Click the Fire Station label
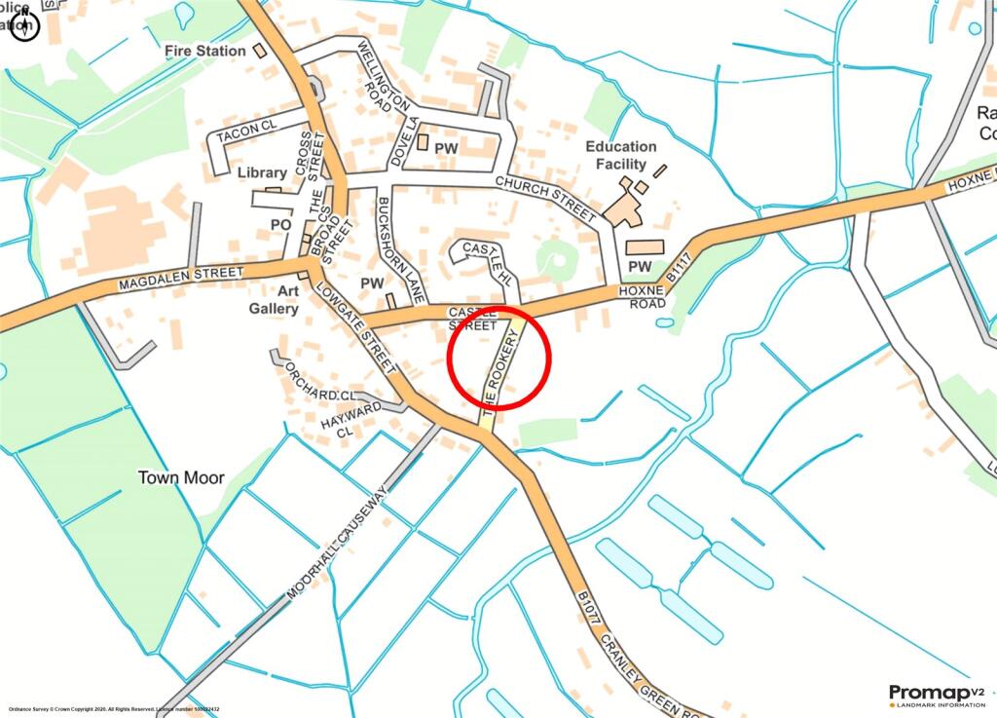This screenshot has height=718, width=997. (x=205, y=50)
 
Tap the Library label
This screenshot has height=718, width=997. (x=262, y=172)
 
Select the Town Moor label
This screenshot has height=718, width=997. (x=181, y=477)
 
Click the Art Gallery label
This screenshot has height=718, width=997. (x=274, y=299)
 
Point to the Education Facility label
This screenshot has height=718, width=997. (x=621, y=155)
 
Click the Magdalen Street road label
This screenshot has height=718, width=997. (x=179, y=279)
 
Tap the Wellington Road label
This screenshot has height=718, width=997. (x=375, y=76)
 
